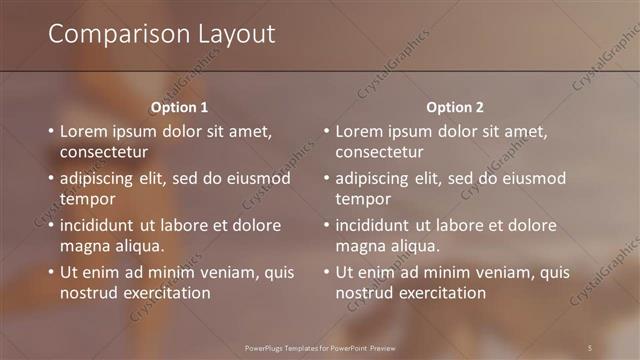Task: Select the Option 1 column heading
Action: pyautogui.click(x=180, y=107)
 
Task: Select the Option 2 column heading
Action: pyautogui.click(x=455, y=107)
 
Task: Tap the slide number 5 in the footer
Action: pyautogui.click(x=590, y=347)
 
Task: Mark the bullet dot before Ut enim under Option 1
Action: pyautogui.click(x=51, y=272)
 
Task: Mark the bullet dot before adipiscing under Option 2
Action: pyautogui.click(x=326, y=178)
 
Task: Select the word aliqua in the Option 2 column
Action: pyautogui.click(x=414, y=246)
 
